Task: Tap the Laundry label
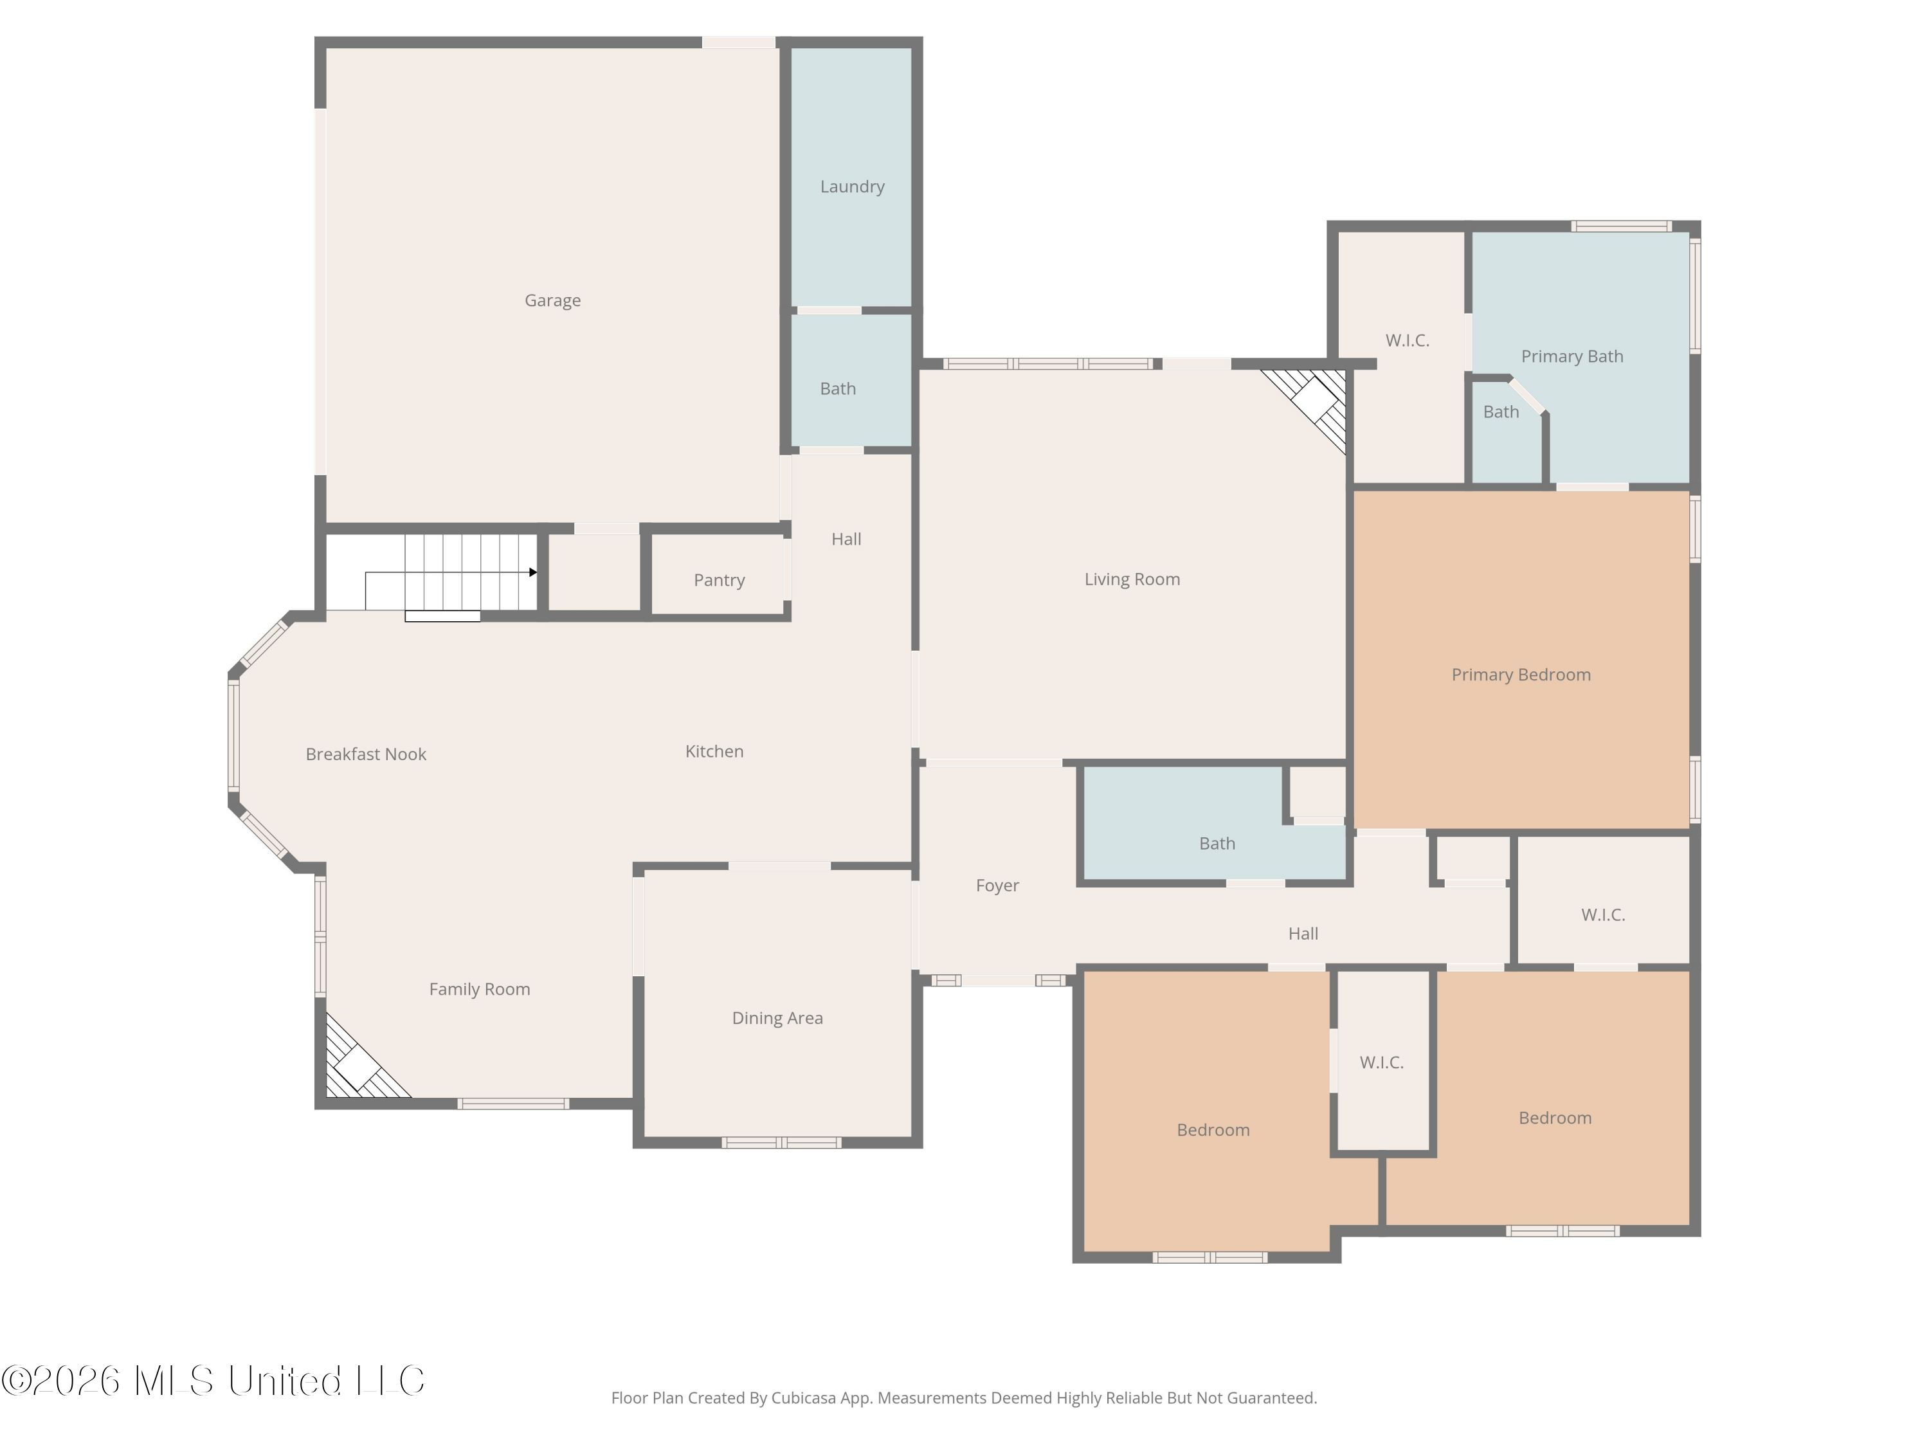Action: coord(852,187)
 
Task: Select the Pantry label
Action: coord(719,580)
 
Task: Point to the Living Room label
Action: coord(1132,579)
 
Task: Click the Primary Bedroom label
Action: coord(1521,674)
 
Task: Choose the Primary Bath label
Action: coord(1571,356)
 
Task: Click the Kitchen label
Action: coord(714,751)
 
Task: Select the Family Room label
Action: coord(479,989)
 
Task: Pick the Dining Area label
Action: coord(777,1018)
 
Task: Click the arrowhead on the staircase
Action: coord(533,572)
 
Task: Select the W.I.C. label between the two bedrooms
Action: coord(1381,1062)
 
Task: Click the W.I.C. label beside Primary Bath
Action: coord(1407,340)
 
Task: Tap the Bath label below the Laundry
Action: coord(837,389)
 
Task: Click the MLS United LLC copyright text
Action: coord(213,1380)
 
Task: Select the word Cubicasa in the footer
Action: coord(803,1397)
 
